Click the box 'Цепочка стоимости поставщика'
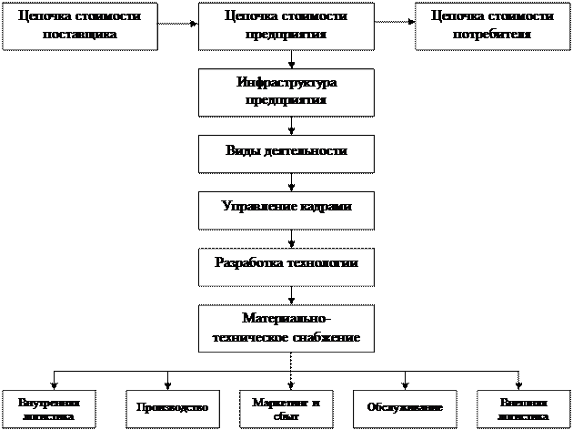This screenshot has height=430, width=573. tap(79, 26)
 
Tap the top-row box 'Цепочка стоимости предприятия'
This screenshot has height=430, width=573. tap(286, 26)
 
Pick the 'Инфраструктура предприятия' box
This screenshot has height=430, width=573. tap(286, 91)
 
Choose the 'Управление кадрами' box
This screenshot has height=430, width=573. tap(286, 208)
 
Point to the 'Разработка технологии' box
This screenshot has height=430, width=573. tap(286, 264)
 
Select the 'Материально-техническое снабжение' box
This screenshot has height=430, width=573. tap(286, 328)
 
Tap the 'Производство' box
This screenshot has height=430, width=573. tap(172, 408)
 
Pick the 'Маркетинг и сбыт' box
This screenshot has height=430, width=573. tap(286, 408)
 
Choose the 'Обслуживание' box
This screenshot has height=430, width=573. tap(404, 408)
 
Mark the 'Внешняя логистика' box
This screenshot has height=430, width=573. tap(524, 408)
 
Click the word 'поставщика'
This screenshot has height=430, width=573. tap(79, 34)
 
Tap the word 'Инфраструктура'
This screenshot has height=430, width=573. tap(286, 83)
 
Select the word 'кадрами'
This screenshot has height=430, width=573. tap(324, 207)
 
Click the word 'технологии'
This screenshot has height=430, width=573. tap(321, 263)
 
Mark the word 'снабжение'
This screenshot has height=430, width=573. tap(326, 337)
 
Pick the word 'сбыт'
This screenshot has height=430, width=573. tap(286, 416)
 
